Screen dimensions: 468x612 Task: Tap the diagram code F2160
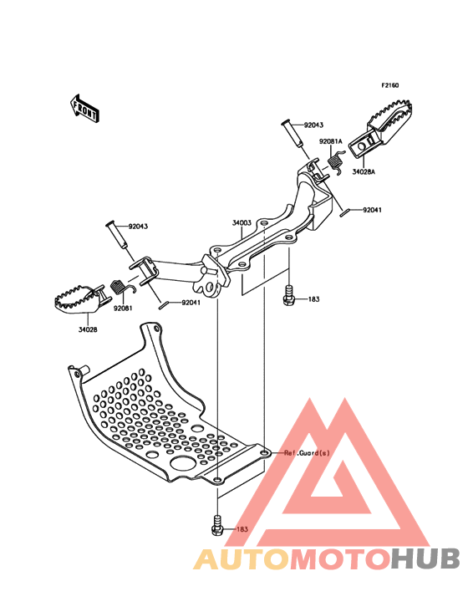pyautogui.click(x=390, y=85)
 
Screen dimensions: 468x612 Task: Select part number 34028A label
pyautogui.click(x=364, y=171)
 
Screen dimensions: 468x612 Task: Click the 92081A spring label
pyautogui.click(x=330, y=141)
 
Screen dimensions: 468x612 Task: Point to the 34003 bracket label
pyautogui.click(x=242, y=223)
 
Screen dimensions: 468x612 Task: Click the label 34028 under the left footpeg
pyautogui.click(x=88, y=329)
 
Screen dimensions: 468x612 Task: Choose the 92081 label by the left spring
pyautogui.click(x=123, y=308)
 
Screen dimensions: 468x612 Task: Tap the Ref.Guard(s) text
pyautogui.click(x=307, y=453)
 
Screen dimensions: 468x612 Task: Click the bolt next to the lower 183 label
pyautogui.click(x=217, y=525)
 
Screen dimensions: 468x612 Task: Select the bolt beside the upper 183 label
pyautogui.click(x=289, y=295)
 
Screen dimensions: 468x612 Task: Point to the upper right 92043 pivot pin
pyautogui.click(x=292, y=135)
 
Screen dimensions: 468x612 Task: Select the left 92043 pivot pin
pyautogui.click(x=117, y=235)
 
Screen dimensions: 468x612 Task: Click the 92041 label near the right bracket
pyautogui.click(x=372, y=210)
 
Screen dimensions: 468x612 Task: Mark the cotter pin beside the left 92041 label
pyautogui.click(x=165, y=306)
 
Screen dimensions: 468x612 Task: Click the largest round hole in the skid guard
pyautogui.click(x=184, y=463)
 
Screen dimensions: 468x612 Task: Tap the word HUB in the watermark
pyautogui.click(x=426, y=559)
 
